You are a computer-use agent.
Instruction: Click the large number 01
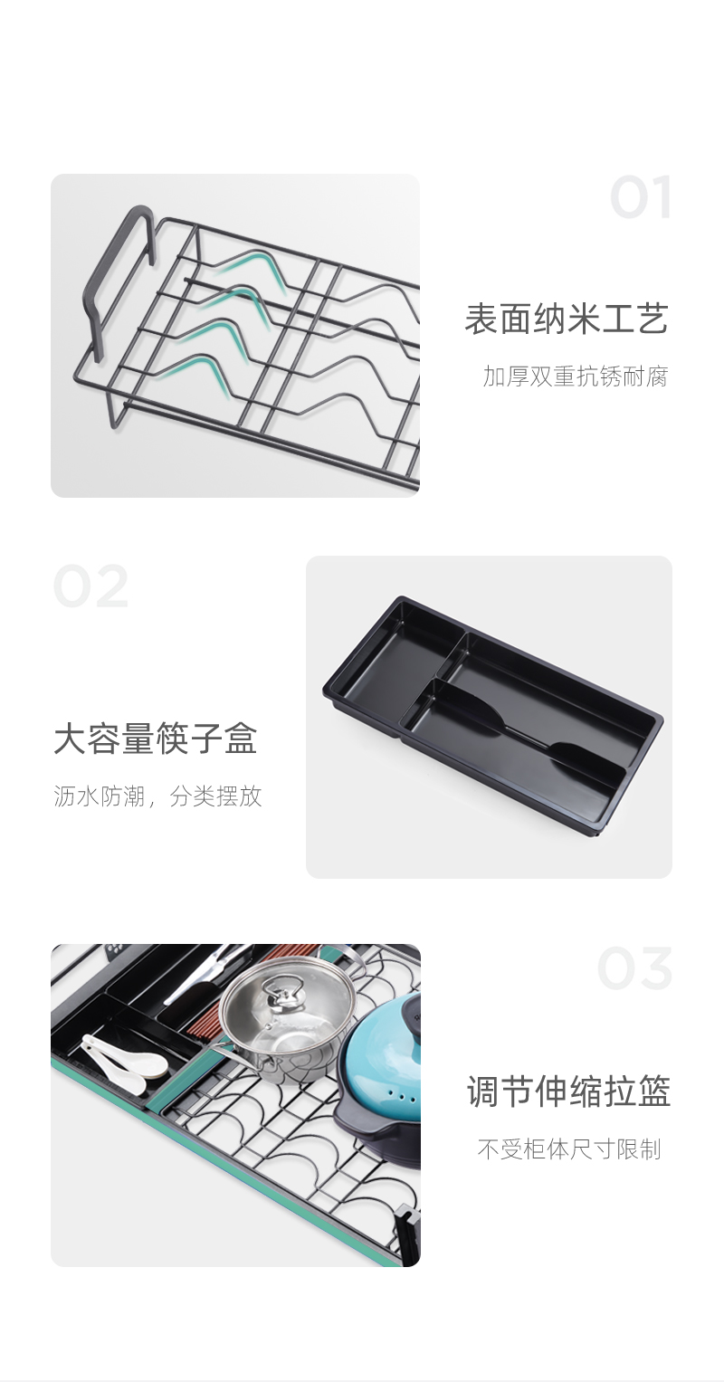[641, 196]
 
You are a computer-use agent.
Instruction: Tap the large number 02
[90, 586]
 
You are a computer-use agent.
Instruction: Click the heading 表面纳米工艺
[567, 319]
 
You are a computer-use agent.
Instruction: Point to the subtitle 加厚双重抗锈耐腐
[576, 376]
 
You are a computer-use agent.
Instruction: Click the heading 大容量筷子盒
[156, 739]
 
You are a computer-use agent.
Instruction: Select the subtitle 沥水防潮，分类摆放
[157, 796]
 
